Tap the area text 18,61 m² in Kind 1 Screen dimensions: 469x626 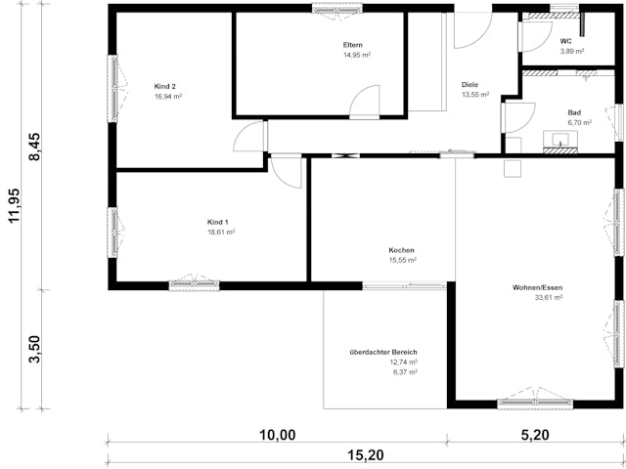click(221, 233)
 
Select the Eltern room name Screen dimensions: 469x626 click(353, 46)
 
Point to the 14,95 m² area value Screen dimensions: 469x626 click(356, 56)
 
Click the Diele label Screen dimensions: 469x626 click(469, 85)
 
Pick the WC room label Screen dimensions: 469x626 click(565, 41)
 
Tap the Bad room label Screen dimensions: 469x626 click(574, 112)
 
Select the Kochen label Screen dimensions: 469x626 click(402, 250)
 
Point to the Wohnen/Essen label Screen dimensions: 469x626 click(537, 287)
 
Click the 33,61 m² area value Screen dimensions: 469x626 click(548, 298)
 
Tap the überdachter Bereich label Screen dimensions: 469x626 click(383, 352)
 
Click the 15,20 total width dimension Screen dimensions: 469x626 click(365, 455)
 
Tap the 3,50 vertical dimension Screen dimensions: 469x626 click(36, 349)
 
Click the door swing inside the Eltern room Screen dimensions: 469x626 click(366, 101)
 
